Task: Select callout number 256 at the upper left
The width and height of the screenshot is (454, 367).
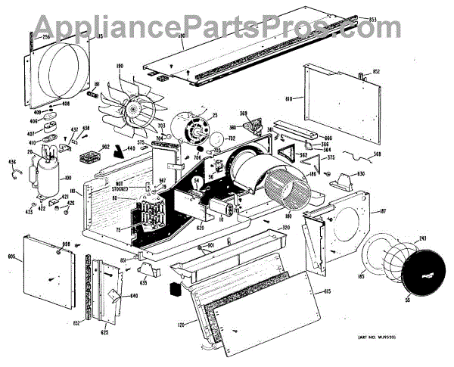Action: (45, 36)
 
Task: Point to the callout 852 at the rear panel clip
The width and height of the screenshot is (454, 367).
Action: (375, 72)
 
